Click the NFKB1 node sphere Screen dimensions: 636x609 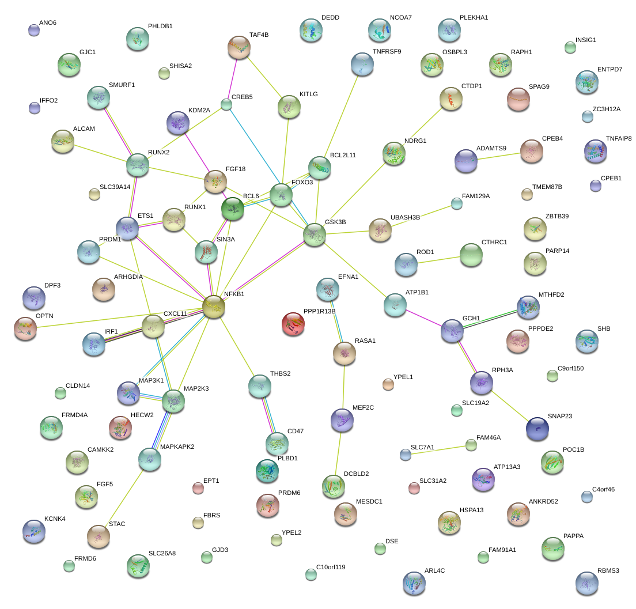213,307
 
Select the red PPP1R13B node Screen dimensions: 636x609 293,324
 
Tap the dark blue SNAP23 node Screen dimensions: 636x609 537,428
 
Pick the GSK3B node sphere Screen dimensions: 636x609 315,234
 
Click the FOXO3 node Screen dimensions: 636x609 281,194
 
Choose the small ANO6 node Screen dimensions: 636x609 34,31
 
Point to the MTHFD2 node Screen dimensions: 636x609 528,307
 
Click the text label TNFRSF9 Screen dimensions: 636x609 387,51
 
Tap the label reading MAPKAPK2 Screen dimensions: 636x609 177,447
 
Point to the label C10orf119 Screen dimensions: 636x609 331,568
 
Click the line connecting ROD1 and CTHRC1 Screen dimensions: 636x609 438,260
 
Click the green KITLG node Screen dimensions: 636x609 289,107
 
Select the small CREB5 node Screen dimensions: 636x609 226,105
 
